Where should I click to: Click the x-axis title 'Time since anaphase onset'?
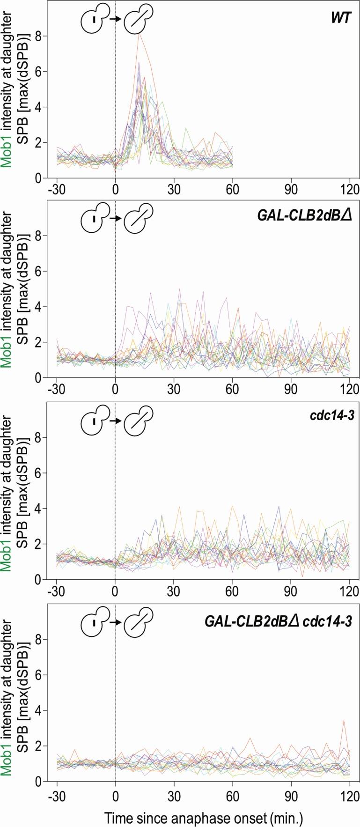coord(204,815)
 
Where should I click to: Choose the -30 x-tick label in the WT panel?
coord(57,190)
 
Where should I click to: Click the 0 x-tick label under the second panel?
coord(115,390)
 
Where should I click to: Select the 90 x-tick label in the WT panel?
coord(291,190)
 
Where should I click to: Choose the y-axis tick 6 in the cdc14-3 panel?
coord(42,473)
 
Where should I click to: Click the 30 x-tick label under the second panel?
coord(174,390)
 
